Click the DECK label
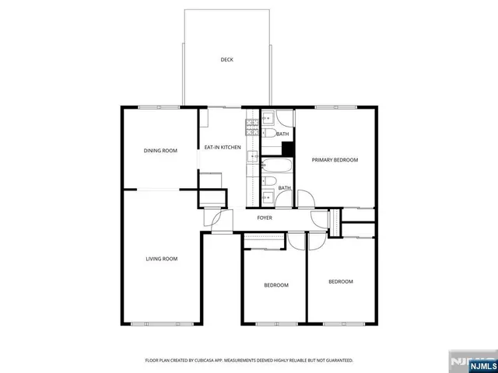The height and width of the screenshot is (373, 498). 226,60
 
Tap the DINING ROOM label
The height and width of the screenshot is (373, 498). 160,150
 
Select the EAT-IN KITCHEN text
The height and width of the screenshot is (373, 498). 223,147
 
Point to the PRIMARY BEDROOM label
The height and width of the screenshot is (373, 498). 335,160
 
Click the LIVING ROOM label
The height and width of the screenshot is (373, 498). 162,259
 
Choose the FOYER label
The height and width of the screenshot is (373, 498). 265,218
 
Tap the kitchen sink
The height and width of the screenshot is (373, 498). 252,156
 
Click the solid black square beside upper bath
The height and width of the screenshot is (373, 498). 287,148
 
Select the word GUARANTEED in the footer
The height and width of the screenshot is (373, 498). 337,361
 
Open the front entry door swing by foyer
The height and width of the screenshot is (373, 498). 220,221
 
